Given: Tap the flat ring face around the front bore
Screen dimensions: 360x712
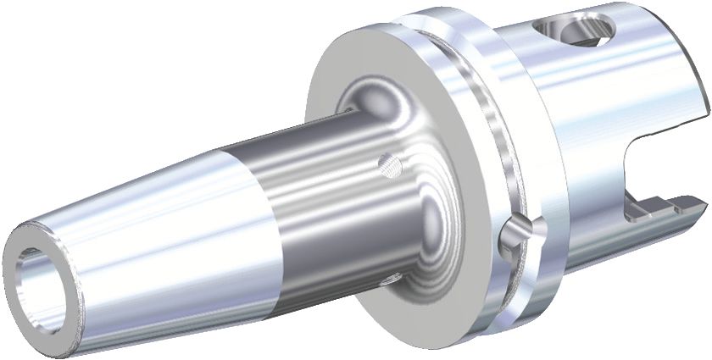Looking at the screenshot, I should (x=19, y=280).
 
